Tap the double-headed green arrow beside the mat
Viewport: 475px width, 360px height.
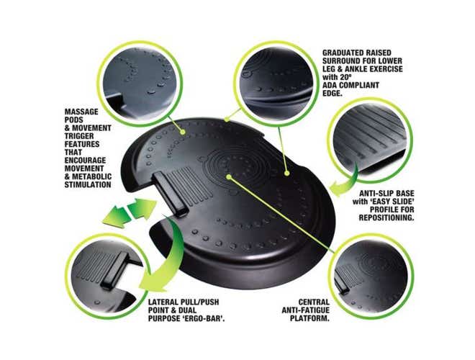tap(130, 212)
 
